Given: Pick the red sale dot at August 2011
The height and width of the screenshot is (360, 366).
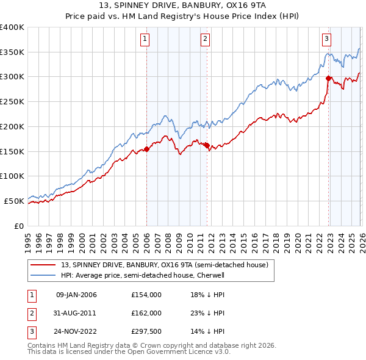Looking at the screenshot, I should click(x=207, y=145).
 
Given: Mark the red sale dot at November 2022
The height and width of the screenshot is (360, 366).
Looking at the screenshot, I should click(x=329, y=77).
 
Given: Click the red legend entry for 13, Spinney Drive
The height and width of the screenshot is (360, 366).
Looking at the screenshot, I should click(x=165, y=265).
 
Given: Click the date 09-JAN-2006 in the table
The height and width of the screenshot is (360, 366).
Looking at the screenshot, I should click(x=76, y=295).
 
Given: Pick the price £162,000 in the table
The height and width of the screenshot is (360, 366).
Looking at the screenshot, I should click(x=146, y=313).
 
